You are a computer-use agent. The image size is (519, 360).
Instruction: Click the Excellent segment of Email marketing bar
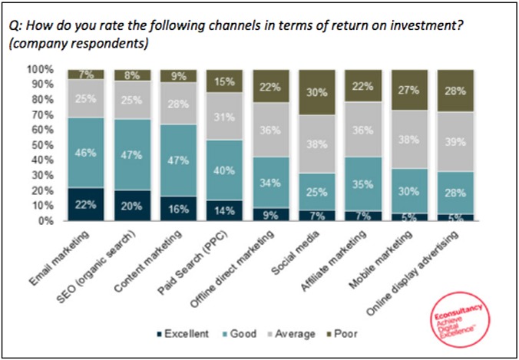click(x=86, y=203)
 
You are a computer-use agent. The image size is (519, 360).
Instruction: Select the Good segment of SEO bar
click(x=132, y=154)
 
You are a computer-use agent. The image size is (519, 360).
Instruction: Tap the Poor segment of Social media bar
click(x=317, y=92)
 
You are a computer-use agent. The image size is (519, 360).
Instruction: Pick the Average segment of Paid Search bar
click(x=225, y=116)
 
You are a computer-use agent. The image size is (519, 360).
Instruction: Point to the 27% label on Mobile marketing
click(x=409, y=89)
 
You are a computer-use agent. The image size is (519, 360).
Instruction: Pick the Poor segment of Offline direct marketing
click(x=271, y=86)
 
